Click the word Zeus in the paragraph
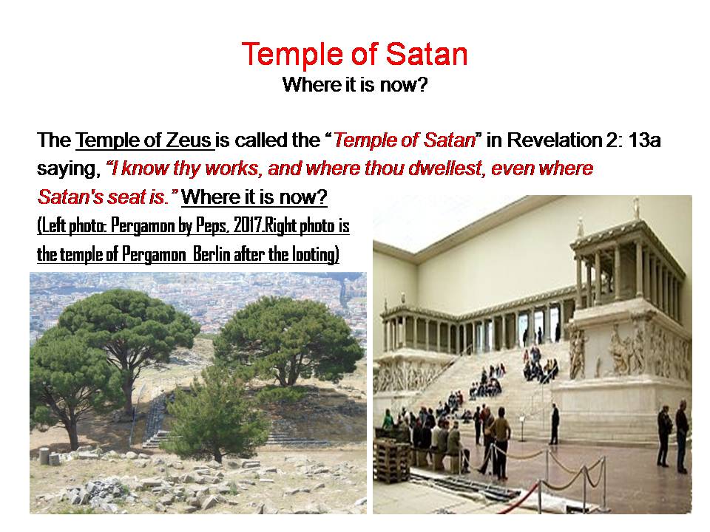(x=189, y=140)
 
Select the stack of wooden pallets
(x=391, y=461)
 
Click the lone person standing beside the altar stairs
(x=554, y=423)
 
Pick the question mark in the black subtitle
(x=422, y=84)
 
